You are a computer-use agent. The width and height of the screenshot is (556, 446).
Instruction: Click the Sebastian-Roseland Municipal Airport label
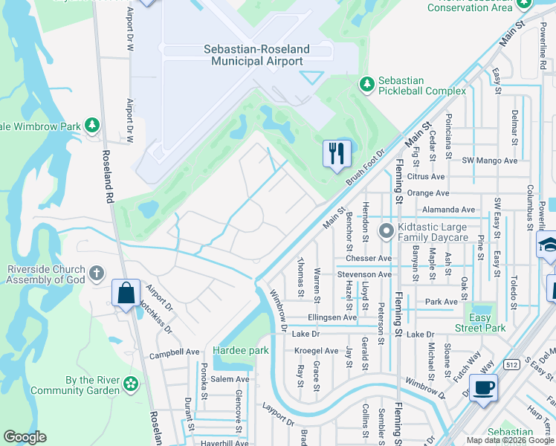(x=257, y=55)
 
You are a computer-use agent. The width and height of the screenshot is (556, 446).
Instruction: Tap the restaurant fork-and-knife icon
(x=336, y=153)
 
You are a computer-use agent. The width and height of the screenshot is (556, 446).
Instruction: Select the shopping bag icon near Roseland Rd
(x=126, y=292)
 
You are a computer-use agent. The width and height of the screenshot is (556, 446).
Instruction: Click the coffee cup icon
(x=483, y=387)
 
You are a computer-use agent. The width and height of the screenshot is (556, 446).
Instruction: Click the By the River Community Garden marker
(x=131, y=384)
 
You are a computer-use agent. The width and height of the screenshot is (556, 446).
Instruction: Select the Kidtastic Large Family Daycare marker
(x=386, y=231)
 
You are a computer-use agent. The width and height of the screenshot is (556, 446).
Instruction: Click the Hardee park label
(x=239, y=349)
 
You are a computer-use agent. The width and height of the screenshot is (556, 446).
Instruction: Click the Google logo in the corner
(x=25, y=437)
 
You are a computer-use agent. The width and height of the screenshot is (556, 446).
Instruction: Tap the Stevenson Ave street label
(x=364, y=274)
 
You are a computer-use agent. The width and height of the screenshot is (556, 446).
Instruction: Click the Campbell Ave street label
(x=175, y=352)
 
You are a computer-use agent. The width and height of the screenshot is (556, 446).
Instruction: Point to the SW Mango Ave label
(x=488, y=161)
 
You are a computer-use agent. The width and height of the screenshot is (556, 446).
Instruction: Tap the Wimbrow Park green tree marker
(x=92, y=126)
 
